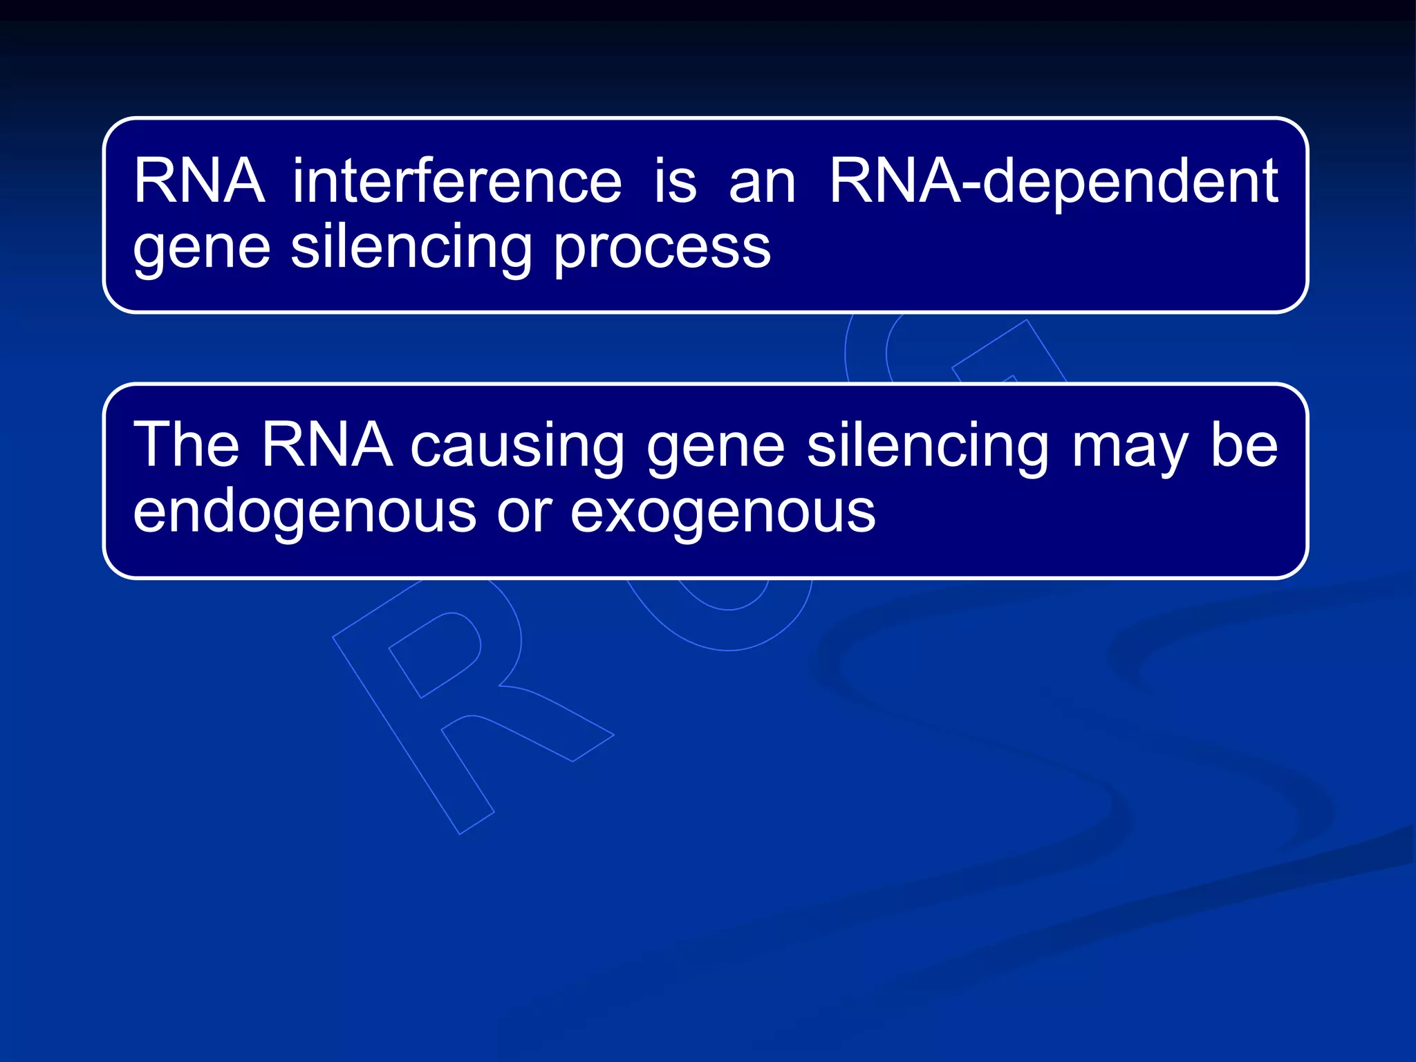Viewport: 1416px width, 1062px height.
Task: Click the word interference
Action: click(457, 181)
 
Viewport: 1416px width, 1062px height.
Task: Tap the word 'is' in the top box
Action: click(675, 181)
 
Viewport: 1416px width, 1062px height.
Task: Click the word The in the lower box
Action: click(186, 445)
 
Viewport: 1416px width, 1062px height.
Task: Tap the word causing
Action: click(517, 447)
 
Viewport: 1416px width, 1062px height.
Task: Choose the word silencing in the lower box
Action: click(928, 447)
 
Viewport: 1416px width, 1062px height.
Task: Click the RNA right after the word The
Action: click(326, 445)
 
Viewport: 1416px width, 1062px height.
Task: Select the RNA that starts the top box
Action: click(199, 181)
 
